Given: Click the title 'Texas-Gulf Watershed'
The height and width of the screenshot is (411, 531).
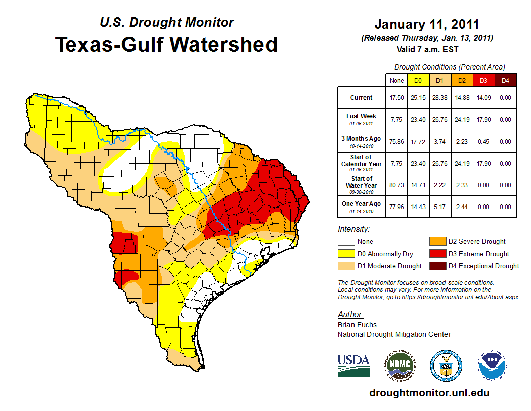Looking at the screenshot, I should click(166, 44).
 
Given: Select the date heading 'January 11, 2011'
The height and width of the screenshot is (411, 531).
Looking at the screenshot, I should click(426, 25).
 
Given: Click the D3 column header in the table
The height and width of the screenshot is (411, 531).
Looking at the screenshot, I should click(483, 80).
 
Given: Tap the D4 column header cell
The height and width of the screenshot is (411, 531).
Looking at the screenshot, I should click(505, 80).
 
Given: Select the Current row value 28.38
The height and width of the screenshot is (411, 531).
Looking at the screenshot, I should click(439, 98).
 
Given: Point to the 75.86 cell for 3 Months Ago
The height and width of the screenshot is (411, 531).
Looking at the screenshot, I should click(397, 142).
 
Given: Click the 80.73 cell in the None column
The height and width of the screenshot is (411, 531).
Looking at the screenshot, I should click(397, 185).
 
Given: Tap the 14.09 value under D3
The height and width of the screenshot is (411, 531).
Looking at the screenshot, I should click(483, 98).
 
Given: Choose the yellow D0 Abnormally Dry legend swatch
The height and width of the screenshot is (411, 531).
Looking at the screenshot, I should click(346, 254).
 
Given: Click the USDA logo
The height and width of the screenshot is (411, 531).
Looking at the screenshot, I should click(353, 365).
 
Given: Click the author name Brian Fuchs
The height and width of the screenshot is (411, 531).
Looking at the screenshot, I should click(357, 325).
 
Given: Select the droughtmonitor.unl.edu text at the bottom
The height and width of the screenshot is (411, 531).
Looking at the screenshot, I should click(429, 393).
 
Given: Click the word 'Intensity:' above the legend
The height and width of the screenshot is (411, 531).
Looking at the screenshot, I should click(353, 229).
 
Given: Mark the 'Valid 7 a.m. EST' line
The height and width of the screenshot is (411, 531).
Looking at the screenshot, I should click(427, 49).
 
